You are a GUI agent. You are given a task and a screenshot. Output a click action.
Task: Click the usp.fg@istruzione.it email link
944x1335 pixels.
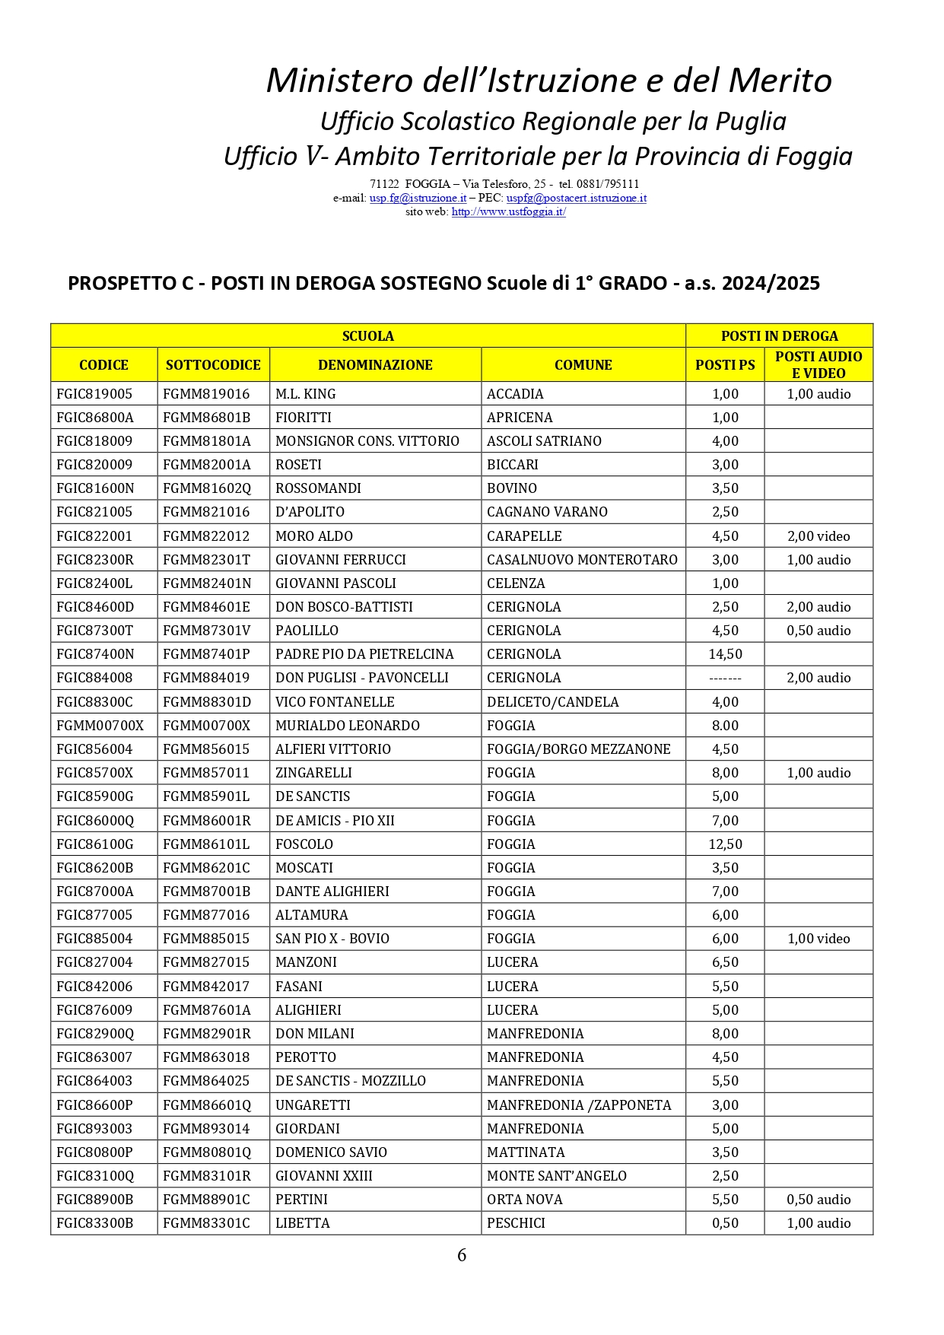(418, 198)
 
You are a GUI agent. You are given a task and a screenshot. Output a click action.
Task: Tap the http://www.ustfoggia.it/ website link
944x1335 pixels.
(508, 211)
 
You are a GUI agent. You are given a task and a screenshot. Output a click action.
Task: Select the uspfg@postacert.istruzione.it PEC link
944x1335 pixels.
(576, 198)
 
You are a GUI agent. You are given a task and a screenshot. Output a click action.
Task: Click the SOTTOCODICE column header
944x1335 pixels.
(213, 365)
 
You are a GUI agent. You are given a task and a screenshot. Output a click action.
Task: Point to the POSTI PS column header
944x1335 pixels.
(725, 365)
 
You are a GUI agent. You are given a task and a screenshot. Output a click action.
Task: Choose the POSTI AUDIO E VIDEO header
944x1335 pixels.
(818, 365)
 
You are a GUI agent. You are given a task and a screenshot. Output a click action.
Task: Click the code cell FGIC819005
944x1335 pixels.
(94, 394)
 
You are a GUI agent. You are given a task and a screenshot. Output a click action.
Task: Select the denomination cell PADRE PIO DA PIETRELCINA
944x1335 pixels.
(364, 654)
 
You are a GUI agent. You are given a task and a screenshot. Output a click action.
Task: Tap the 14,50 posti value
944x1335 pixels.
(725, 654)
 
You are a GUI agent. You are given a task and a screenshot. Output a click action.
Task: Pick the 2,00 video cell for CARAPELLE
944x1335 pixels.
(818, 536)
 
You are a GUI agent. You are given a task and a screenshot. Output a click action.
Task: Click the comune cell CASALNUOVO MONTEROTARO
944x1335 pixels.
(582, 560)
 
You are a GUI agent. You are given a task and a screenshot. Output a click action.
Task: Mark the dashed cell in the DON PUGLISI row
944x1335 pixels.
(725, 678)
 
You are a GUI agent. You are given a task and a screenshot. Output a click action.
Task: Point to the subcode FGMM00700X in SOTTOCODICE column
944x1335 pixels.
(206, 726)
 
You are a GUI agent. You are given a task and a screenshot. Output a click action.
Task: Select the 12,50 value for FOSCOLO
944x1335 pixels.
(725, 844)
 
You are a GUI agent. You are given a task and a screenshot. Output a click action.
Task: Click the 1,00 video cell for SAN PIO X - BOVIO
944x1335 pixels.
(818, 939)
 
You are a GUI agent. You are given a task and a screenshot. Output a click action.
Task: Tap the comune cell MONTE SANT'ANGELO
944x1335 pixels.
(557, 1176)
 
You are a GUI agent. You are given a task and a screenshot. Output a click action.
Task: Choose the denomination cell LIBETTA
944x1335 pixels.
(303, 1223)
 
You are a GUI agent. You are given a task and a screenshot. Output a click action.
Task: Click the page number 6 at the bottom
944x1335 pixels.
(462, 1255)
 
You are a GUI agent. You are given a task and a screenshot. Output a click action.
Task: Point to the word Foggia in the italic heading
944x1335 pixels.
(813, 156)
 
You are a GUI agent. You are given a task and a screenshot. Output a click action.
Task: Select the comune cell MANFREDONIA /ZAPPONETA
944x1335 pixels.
(579, 1105)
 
